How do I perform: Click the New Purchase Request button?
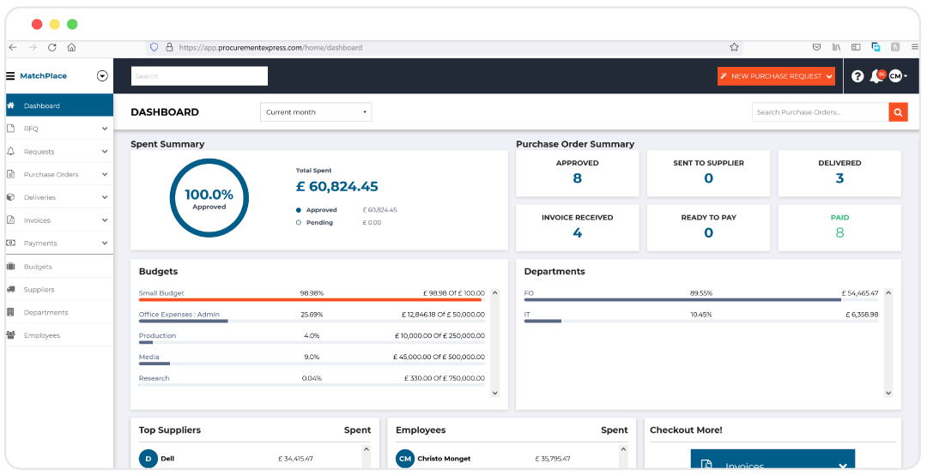(776, 76)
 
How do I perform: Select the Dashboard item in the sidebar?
(42, 105)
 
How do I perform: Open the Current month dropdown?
(316, 112)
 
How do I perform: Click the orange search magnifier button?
(898, 112)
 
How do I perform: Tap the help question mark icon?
(857, 76)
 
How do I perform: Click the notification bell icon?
(875, 76)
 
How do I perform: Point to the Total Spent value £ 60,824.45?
(336, 186)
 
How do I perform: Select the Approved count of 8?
(577, 178)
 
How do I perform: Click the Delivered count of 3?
(839, 178)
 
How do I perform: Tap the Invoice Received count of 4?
(577, 232)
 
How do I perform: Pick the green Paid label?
(839, 218)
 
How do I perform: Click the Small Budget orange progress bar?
(310, 300)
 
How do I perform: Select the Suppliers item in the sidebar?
(39, 290)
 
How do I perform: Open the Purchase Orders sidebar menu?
(51, 175)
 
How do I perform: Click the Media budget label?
(148, 357)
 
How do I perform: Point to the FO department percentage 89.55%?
(701, 293)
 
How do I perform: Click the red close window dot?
(37, 24)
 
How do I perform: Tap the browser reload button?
(52, 47)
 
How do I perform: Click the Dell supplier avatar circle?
(148, 459)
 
